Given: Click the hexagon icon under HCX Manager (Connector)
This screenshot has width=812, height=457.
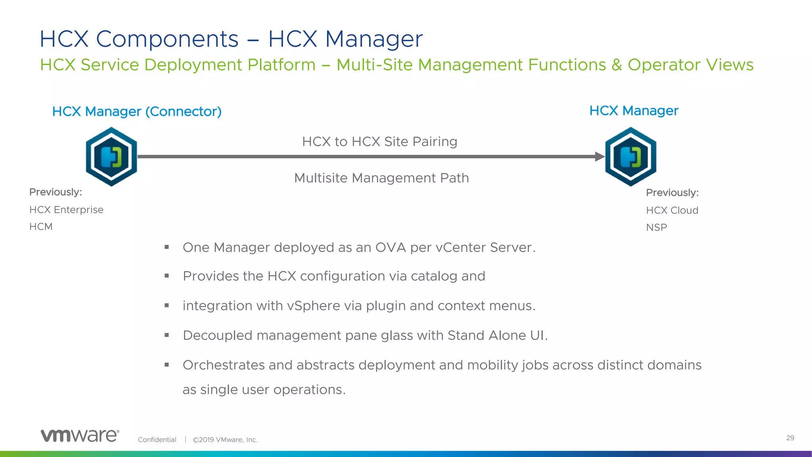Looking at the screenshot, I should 111,156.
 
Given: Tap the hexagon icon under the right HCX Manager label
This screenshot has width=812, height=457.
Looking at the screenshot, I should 630,156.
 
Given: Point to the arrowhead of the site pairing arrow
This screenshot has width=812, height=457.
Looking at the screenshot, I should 599,157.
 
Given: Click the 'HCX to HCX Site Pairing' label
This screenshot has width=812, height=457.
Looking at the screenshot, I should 379,142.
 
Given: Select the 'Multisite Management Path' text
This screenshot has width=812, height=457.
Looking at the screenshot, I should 381,178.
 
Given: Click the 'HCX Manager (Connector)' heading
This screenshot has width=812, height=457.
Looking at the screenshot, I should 137,111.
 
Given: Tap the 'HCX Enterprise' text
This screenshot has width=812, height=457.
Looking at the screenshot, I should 66,210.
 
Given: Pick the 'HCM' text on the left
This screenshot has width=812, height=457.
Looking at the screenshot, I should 41,227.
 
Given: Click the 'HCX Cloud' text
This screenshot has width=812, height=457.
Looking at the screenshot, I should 672,211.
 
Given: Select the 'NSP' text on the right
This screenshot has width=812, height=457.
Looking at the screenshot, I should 657,228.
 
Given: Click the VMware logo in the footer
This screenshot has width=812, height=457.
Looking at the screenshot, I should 80,436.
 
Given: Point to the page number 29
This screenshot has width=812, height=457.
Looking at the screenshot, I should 790,438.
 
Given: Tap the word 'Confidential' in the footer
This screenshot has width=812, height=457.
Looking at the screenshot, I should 157,440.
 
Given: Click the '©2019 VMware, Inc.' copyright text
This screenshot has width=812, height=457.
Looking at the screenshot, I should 225,440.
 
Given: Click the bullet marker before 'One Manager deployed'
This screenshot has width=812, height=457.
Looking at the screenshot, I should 167,248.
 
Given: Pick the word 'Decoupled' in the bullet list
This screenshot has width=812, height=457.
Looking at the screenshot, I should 218,336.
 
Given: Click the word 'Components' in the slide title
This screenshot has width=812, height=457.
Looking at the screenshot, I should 167,39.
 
